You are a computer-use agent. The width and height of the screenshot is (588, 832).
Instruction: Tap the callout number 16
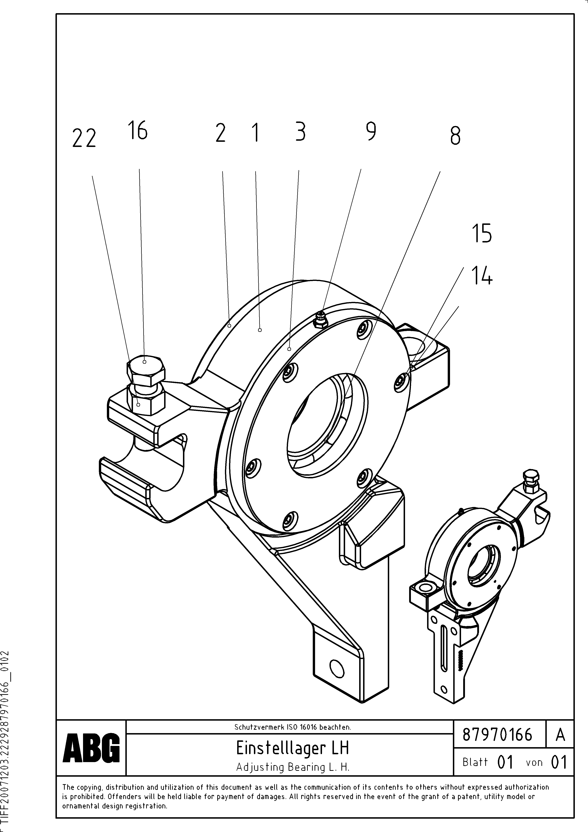point(138,131)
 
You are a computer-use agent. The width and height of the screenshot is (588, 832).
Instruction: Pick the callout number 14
point(482,276)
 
